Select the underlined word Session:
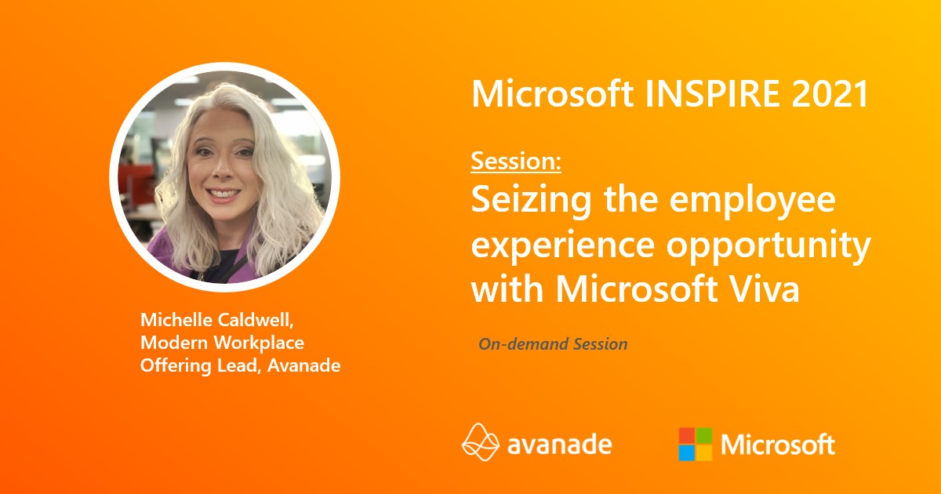pos(516,162)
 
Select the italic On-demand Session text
pos(553,343)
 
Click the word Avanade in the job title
pos(306,365)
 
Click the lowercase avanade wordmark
pos(559,445)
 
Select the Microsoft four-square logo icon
pos(696,444)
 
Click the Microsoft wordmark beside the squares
pos(778,445)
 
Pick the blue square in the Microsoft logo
pos(687,452)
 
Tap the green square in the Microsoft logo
pos(704,435)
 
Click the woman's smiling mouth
pos(224,193)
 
